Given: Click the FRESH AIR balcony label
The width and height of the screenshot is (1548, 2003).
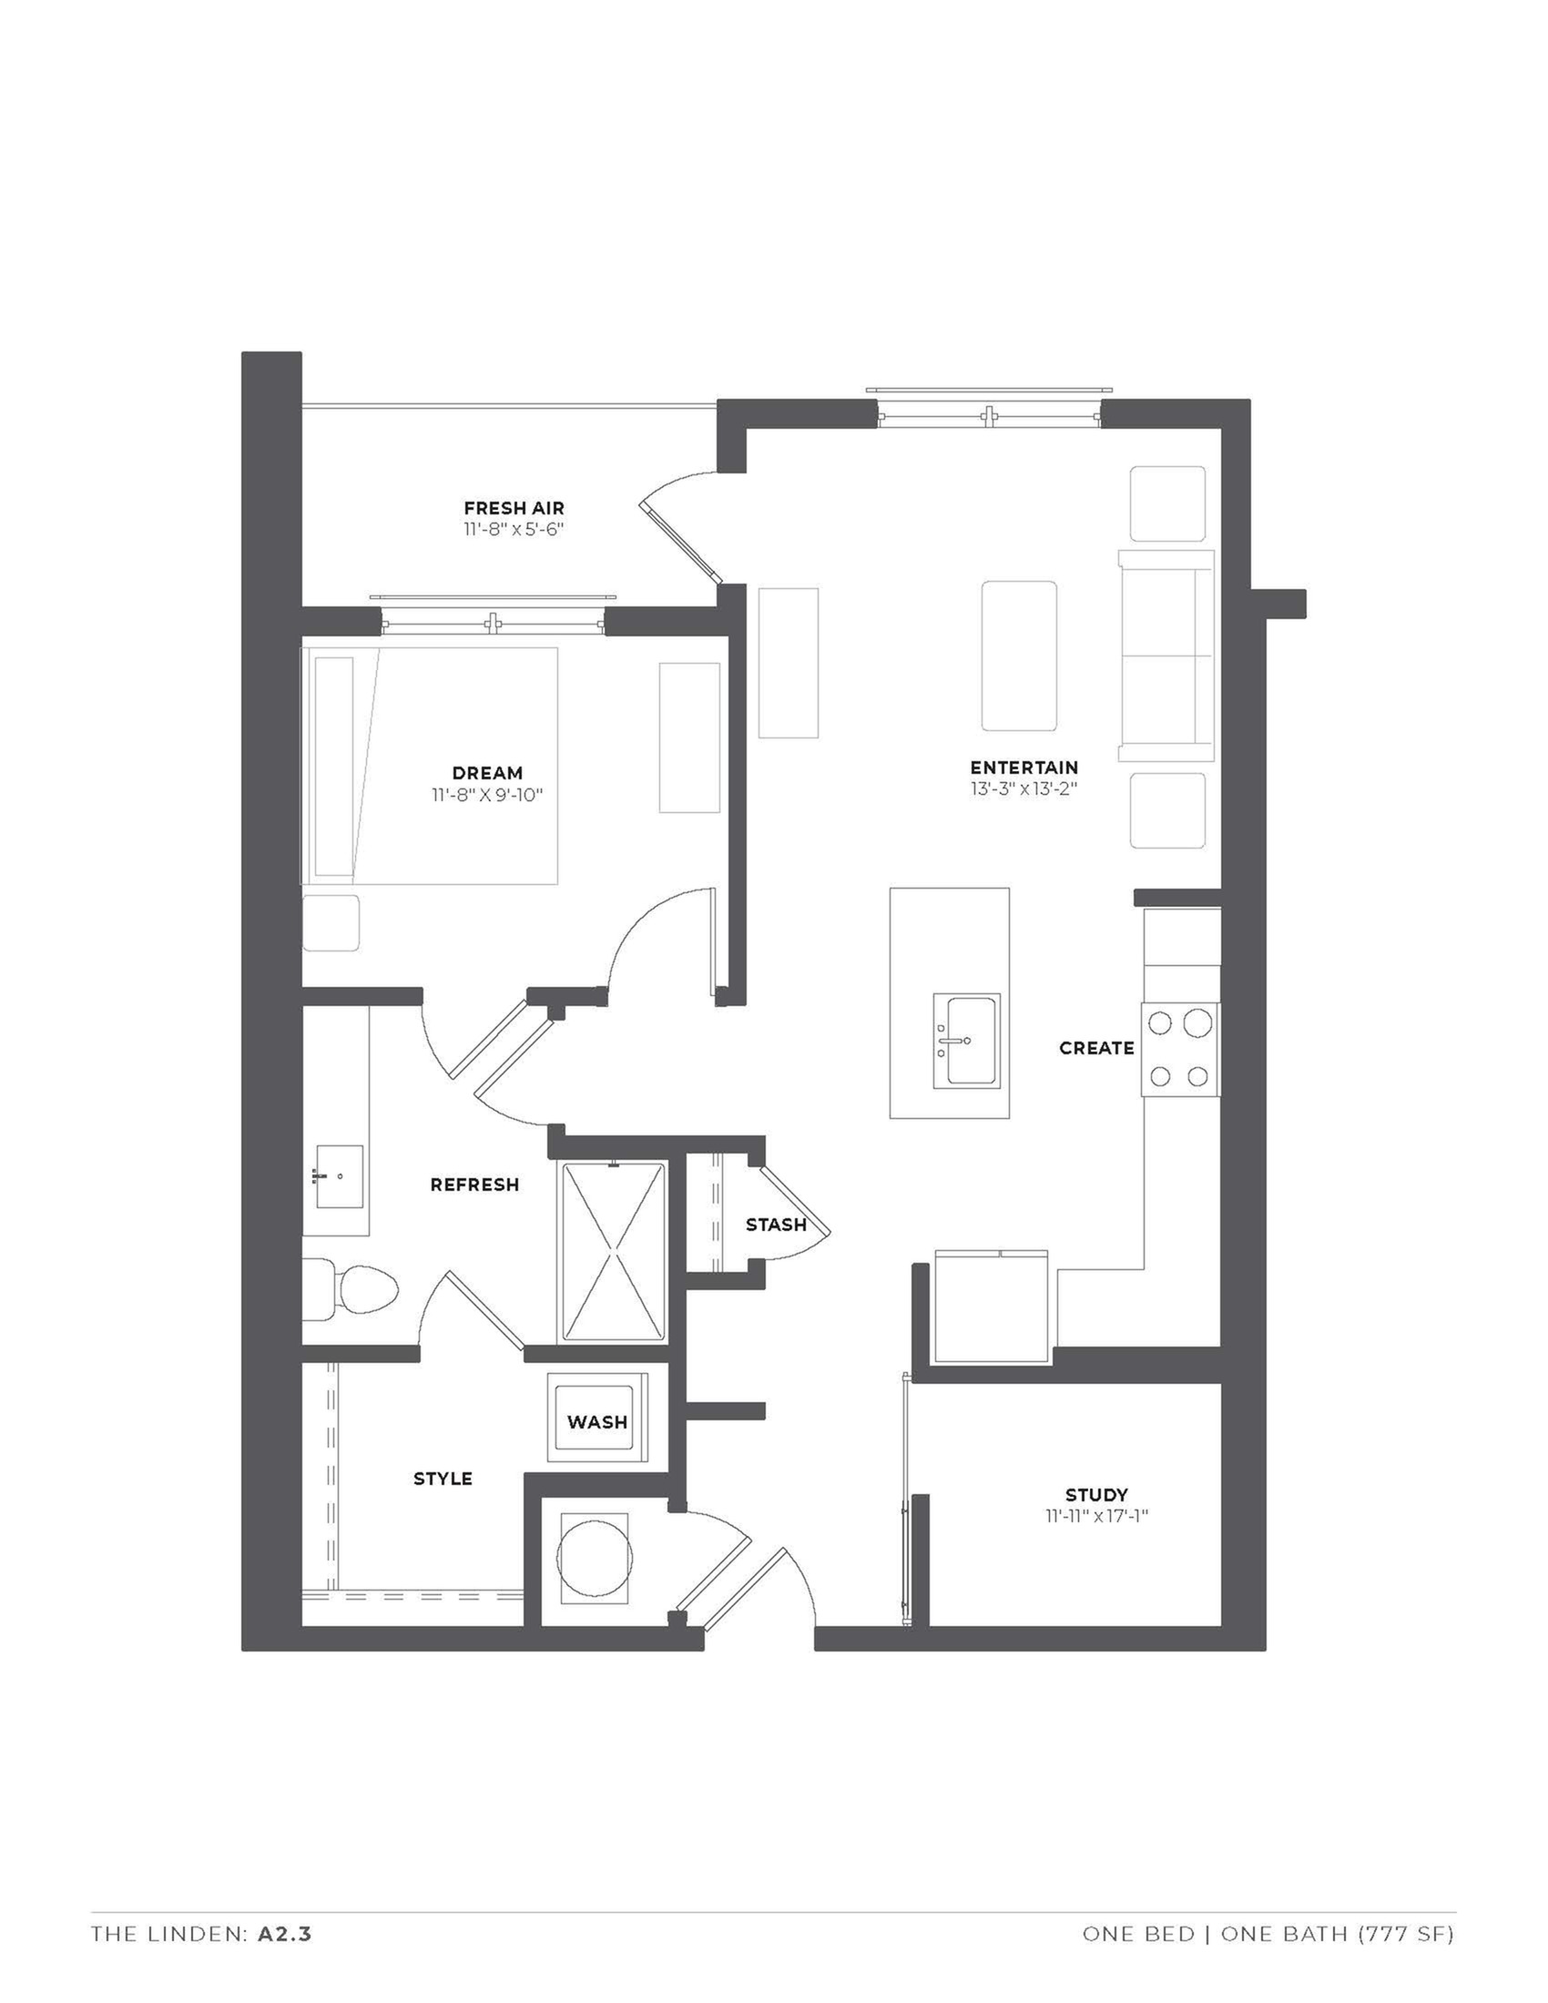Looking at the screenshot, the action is (x=514, y=508).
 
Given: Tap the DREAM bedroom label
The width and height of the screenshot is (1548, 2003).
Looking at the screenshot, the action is (x=487, y=773).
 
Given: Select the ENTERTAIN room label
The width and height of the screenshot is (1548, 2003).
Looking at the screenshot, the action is (x=1024, y=767).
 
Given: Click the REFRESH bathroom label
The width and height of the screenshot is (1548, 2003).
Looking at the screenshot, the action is (x=474, y=1184).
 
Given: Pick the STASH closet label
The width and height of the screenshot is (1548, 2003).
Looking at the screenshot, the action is (x=776, y=1225).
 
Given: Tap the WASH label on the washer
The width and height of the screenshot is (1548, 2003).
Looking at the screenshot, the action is (x=597, y=1421).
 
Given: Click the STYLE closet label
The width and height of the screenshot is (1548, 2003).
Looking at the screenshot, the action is (x=443, y=1478).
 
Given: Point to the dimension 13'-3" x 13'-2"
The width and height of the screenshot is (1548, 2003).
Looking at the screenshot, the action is (x=1024, y=788).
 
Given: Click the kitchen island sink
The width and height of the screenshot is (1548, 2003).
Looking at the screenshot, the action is (x=966, y=1040).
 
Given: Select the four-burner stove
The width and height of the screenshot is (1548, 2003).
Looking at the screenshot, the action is (x=1180, y=1048).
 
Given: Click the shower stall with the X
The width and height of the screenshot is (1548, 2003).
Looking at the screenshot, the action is (x=613, y=1252).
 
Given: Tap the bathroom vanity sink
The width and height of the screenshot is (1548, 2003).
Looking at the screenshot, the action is (x=341, y=1176).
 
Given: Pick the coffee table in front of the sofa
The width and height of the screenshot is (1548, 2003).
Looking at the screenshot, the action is (x=1018, y=655).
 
